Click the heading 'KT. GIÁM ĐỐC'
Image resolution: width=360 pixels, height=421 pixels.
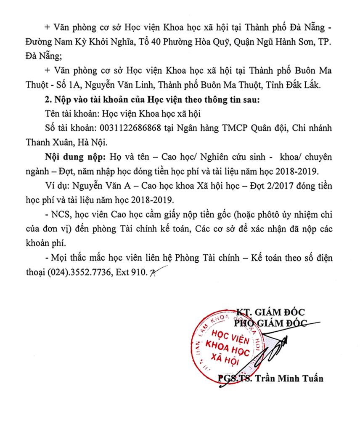click(x=270, y=312)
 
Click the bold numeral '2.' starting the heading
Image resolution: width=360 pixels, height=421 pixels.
click(x=47, y=100)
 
